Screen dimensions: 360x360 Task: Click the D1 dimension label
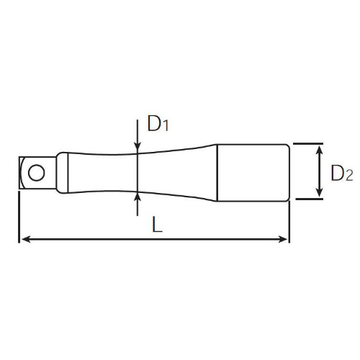point(158,123)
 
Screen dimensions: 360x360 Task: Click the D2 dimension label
point(342,173)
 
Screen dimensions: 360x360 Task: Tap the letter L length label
point(158,224)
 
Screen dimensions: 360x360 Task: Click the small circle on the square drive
point(37,173)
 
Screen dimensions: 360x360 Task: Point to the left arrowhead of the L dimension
point(26,239)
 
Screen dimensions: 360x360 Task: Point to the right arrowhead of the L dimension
point(282,239)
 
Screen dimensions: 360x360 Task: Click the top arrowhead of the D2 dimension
point(319,150)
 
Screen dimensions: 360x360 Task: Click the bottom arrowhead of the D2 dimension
point(319,192)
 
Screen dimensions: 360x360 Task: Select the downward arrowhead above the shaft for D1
point(138,148)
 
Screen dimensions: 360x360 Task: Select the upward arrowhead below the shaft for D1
point(138,197)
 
